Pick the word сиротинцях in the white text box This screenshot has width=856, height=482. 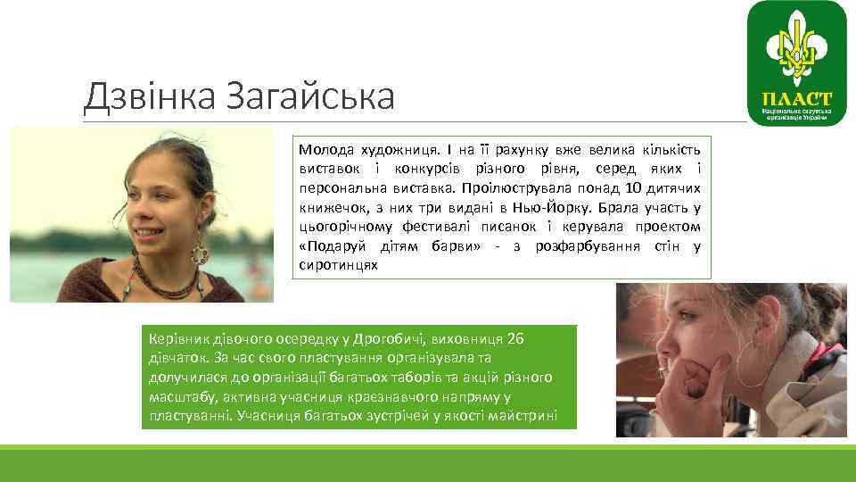(x=339, y=265)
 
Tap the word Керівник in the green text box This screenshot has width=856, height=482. (x=174, y=339)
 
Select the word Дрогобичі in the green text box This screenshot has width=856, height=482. (x=389, y=339)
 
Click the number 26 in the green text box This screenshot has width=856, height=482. (x=514, y=339)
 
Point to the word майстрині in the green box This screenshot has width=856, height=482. (x=527, y=415)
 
